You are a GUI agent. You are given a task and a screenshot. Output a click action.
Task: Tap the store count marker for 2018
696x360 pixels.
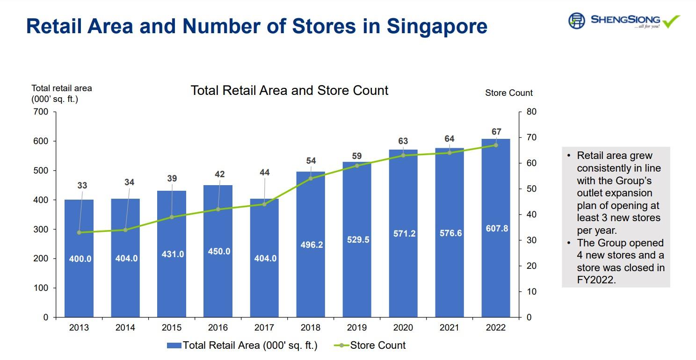click(311, 178)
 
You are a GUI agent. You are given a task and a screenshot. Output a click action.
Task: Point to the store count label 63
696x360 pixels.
click(403, 141)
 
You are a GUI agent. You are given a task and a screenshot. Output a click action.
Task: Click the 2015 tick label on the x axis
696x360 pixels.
click(172, 328)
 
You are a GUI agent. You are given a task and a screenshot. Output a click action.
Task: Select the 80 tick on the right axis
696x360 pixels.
click(531, 112)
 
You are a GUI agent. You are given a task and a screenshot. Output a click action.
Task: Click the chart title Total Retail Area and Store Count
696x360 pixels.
click(290, 90)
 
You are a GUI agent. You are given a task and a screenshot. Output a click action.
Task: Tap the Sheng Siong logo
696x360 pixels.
click(623, 21)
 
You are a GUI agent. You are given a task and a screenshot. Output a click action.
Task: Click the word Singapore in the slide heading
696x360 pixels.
click(437, 26)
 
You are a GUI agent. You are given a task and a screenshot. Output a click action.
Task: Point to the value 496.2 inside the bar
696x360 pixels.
click(311, 245)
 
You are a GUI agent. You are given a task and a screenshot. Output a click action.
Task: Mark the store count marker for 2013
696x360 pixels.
click(79, 232)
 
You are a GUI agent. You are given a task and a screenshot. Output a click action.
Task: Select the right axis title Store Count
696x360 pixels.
click(509, 93)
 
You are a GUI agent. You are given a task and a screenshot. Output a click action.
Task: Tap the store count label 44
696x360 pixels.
click(264, 173)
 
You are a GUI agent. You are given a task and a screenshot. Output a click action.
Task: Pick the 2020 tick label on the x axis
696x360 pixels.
click(403, 328)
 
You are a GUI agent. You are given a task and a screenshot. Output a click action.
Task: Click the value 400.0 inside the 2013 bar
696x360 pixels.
click(80, 259)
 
